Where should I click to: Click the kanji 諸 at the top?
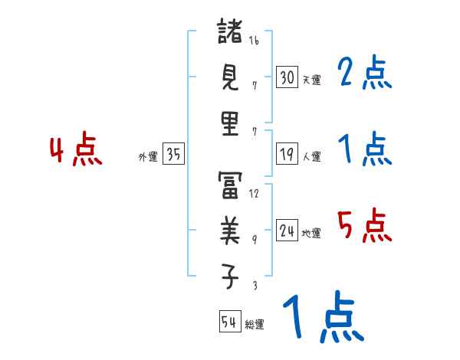coord(230,33)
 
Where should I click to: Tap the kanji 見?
coord(230,77)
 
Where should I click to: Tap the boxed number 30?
coord(287,77)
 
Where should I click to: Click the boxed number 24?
coord(287,231)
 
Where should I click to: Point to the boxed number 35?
coord(173,155)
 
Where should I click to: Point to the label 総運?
coord(255,325)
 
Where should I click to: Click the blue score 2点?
coord(364,74)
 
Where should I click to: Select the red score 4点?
coord(76,151)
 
